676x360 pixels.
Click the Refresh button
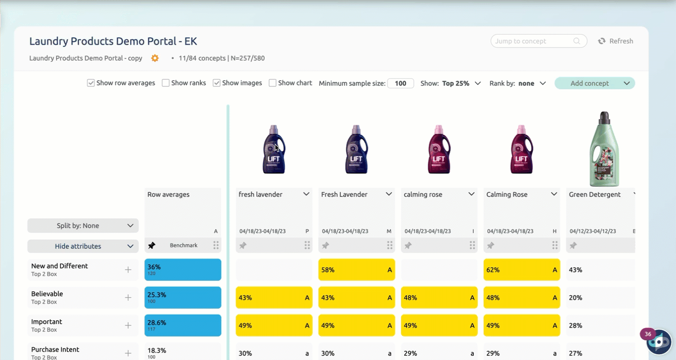[616, 41]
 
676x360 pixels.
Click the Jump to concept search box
[533, 41]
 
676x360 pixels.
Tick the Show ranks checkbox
[166, 83]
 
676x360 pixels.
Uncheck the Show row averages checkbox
[91, 83]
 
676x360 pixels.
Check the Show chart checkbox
[273, 83]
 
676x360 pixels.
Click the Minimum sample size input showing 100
[400, 84]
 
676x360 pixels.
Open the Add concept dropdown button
[594, 84]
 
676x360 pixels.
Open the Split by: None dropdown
[83, 226]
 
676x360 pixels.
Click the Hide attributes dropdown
[83, 246]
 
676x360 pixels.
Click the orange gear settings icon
[155, 58]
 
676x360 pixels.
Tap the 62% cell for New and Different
[521, 270]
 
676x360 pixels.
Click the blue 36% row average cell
[182, 270]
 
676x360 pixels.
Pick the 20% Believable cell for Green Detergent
[600, 298]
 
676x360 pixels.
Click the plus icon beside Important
[128, 325]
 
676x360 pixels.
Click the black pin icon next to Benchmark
[152, 246]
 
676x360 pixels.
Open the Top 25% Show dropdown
[461, 84]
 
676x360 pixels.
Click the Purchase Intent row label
[55, 350]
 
